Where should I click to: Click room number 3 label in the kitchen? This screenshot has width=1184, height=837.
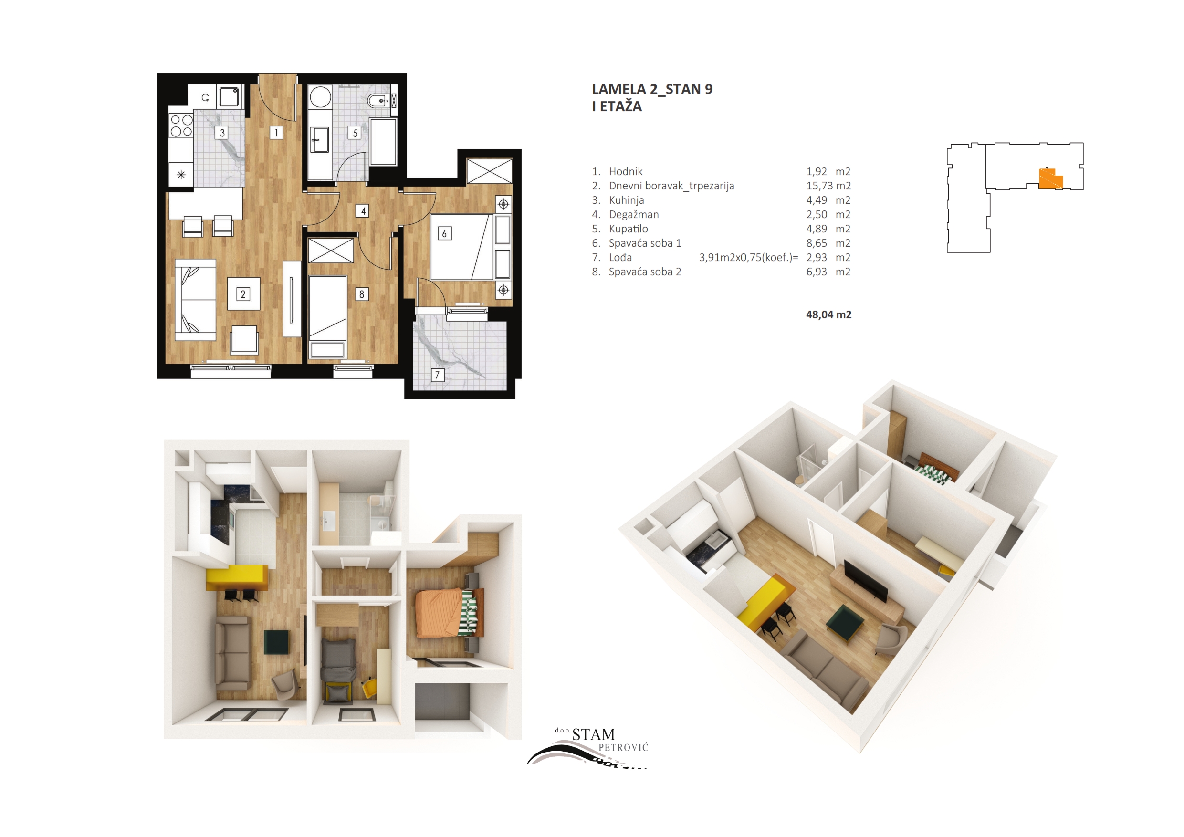pyautogui.click(x=222, y=133)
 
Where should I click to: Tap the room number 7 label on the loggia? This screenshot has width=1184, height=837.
pyautogui.click(x=437, y=375)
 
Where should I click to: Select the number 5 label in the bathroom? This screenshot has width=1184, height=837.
pyautogui.click(x=355, y=133)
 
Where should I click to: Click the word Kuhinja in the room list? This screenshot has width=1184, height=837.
pyautogui.click(x=626, y=200)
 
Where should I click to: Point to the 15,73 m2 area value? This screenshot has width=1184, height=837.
pyautogui.click(x=828, y=186)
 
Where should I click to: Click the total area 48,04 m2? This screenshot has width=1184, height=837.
pyautogui.click(x=828, y=314)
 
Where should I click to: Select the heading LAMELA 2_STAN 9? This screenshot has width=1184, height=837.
pyautogui.click(x=652, y=89)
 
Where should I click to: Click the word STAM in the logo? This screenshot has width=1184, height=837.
pyautogui.click(x=594, y=734)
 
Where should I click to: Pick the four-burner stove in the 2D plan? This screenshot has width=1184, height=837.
pyautogui.click(x=181, y=126)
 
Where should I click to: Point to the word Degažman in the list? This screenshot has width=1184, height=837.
pyautogui.click(x=634, y=215)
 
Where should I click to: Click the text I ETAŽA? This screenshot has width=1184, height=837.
pyautogui.click(x=617, y=107)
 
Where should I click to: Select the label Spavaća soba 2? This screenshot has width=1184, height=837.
pyautogui.click(x=645, y=272)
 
